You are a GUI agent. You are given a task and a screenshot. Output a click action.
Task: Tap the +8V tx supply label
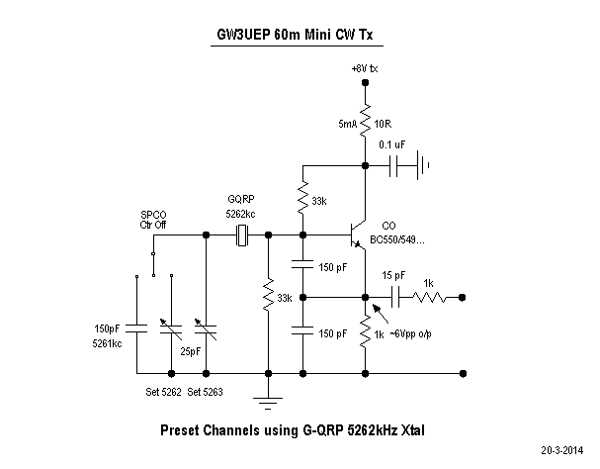point(365,68)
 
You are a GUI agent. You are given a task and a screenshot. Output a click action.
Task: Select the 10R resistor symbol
point(365,123)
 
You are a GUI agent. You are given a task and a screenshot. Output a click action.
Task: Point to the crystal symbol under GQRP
point(242,235)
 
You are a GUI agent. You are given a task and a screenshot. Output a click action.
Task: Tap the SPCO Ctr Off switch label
point(153,220)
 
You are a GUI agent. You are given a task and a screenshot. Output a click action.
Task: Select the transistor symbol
point(356,237)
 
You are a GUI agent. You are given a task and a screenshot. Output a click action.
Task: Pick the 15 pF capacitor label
point(393,274)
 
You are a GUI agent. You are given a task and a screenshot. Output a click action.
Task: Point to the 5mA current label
point(346,125)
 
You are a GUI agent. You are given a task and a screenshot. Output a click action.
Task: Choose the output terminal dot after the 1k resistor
point(464,296)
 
